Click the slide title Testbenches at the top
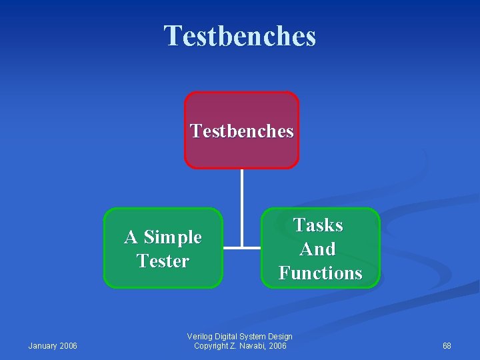pyautogui.click(x=240, y=36)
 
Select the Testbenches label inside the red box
pyautogui.click(x=241, y=131)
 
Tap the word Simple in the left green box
pyautogui.click(x=173, y=237)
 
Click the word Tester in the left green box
pyautogui.click(x=163, y=261)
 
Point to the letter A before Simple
pyautogui.click(x=131, y=237)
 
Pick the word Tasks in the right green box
pyautogui.click(x=319, y=225)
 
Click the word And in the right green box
pyautogui.click(x=317, y=249)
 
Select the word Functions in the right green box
pyautogui.click(x=320, y=273)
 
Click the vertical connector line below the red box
pyautogui.click(x=241, y=200)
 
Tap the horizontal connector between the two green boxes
pyautogui.click(x=241, y=248)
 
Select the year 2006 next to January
pyautogui.click(x=69, y=345)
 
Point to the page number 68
pyautogui.click(x=447, y=345)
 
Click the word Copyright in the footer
pyautogui.click(x=210, y=345)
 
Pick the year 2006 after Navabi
pyautogui.click(x=277, y=345)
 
